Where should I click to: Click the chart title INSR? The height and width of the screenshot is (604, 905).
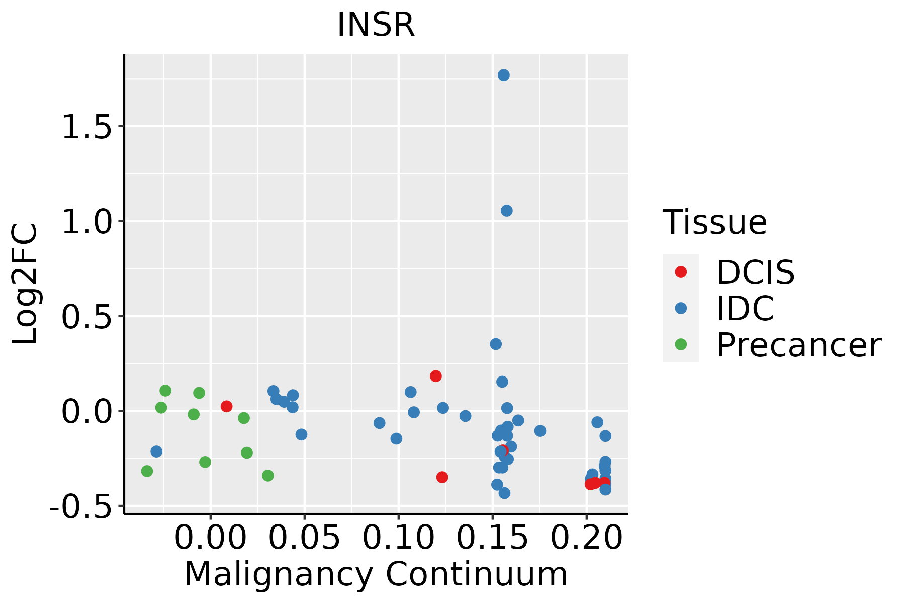(376, 25)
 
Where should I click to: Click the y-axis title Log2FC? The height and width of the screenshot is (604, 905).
(25, 284)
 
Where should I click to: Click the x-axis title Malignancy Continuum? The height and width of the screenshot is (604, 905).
(376, 575)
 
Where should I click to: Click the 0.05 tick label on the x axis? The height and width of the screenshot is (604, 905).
(304, 538)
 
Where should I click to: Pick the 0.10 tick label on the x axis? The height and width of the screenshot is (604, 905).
(398, 538)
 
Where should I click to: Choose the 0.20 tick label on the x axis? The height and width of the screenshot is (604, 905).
(586, 538)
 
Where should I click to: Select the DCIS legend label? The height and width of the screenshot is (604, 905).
(755, 272)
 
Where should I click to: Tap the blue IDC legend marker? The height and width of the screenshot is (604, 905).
(681, 308)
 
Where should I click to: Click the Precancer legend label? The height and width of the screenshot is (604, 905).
(798, 345)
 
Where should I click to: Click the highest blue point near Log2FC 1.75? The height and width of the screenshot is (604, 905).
(503, 75)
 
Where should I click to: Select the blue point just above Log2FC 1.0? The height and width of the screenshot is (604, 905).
(506, 211)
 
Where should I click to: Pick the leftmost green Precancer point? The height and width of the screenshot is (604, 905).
(147, 471)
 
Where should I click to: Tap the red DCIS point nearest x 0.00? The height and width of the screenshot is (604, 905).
(226, 406)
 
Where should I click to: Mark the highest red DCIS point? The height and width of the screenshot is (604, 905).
(435, 376)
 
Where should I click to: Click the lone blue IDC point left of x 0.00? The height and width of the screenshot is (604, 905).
(156, 451)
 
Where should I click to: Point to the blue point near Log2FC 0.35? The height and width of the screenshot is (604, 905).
(496, 344)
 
